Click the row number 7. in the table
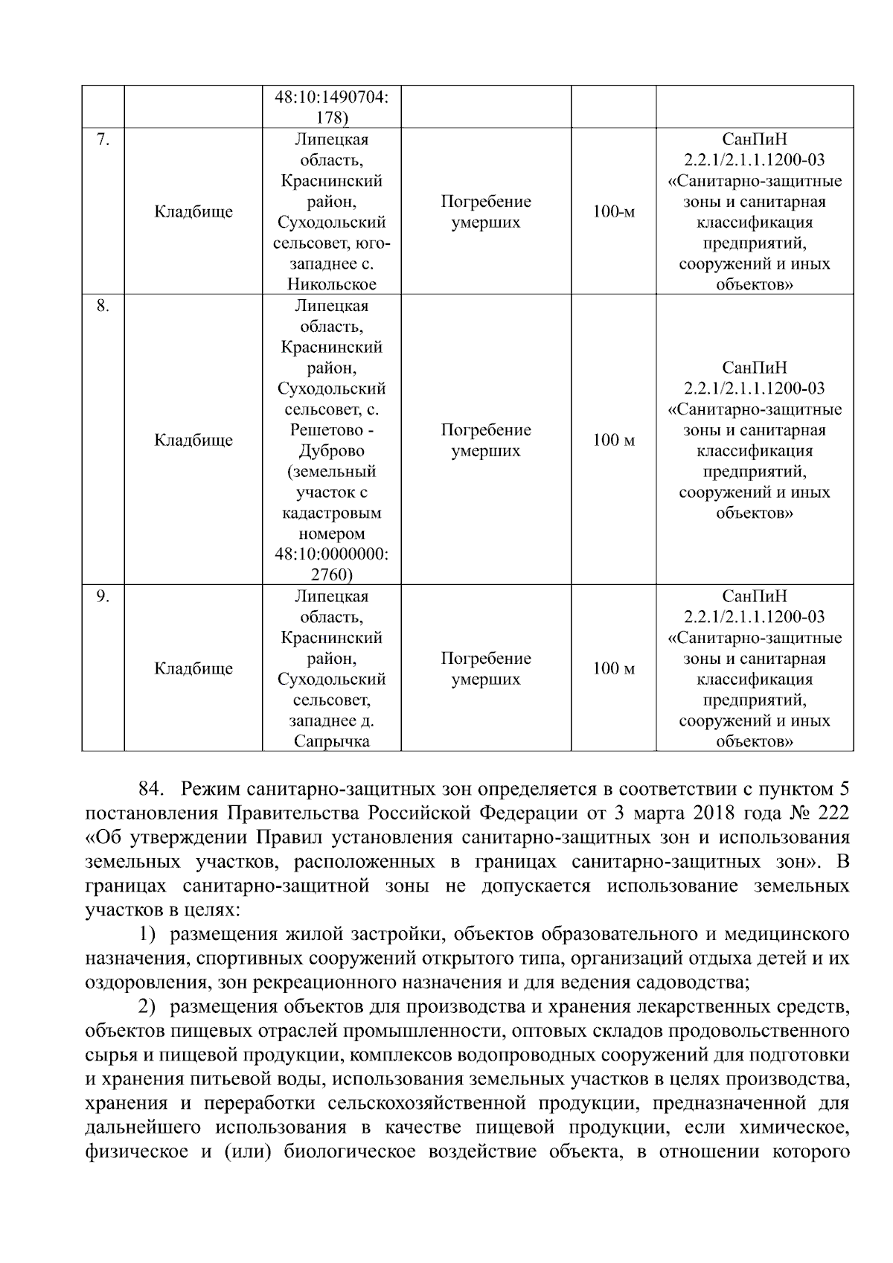pos(103,140)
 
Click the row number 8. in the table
pos(103,306)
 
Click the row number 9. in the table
pos(103,596)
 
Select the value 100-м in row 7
pos(613,212)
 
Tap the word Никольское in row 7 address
pos(331,284)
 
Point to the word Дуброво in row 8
pos(331,451)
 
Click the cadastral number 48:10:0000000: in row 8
pos(331,554)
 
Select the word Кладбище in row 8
pos(193,441)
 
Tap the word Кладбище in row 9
pos(193,669)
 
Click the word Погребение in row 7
pos(486,202)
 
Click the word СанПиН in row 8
pos(755,368)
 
